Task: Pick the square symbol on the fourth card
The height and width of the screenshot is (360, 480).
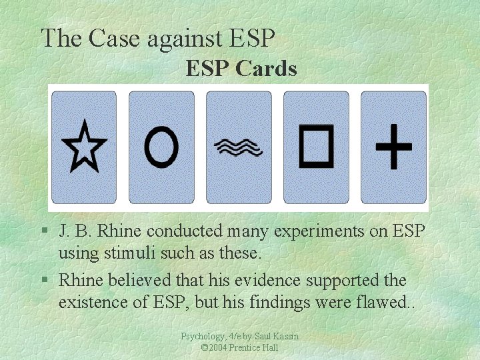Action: point(316,146)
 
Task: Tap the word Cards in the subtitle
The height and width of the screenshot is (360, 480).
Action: point(266,68)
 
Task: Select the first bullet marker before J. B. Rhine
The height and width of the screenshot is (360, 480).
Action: point(43,231)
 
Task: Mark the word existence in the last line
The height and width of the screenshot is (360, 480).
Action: point(96,303)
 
